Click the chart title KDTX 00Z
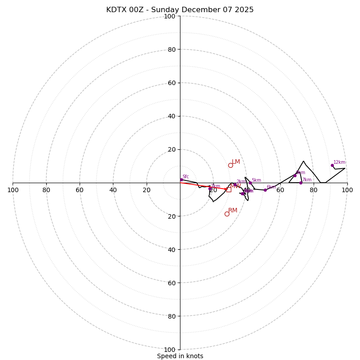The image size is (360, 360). [180, 10]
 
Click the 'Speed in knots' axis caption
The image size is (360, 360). [180, 356]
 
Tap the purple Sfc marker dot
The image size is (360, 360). [181, 180]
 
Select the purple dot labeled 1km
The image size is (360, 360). [210, 189]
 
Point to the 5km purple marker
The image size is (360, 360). [250, 183]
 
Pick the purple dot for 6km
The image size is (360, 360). [265, 190]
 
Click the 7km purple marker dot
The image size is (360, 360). [301, 183]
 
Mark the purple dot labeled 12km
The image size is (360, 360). [332, 165]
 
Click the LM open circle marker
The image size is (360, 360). [230, 165]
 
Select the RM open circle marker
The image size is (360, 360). [227, 214]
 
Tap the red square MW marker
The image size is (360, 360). [229, 189]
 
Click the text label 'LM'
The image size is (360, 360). [236, 162]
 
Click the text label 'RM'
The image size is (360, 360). [233, 210]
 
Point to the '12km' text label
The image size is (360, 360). [339, 162]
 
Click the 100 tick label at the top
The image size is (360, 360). [169, 16]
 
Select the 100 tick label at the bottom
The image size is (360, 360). [169, 350]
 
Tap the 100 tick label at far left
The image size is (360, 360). [13, 190]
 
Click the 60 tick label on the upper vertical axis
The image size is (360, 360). [171, 83]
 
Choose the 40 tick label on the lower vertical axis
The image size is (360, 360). [171, 249]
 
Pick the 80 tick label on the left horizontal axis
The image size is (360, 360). [46, 190]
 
